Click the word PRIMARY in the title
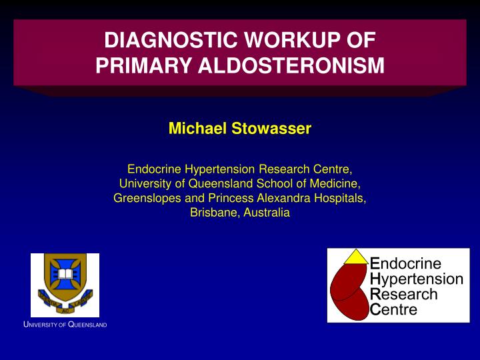coord(137,66)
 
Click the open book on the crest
coord(65,275)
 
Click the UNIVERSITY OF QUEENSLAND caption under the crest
coord(65,325)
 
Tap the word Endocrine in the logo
coord(405,263)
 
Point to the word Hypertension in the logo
coord(415,279)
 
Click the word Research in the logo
coord(403,294)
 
